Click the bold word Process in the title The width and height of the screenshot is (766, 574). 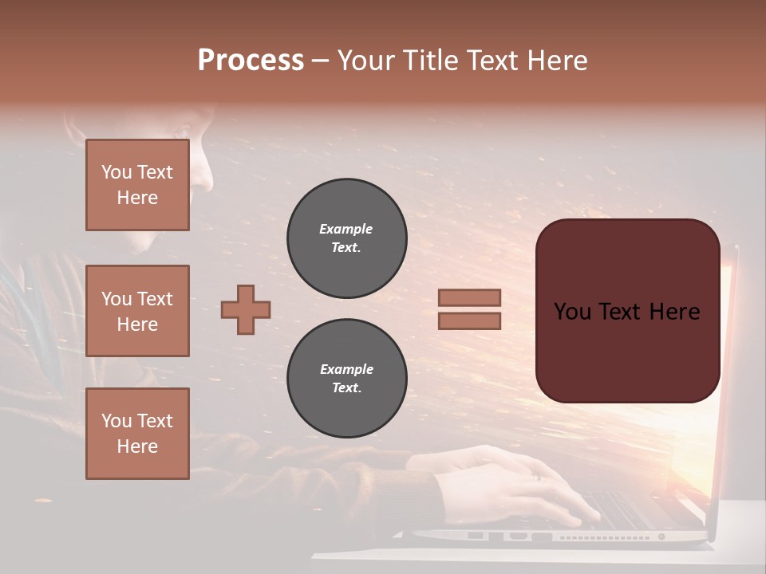pyautogui.click(x=251, y=61)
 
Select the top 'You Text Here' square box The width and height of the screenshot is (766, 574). pyautogui.click(x=137, y=185)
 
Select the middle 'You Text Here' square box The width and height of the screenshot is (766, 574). pyautogui.click(x=137, y=311)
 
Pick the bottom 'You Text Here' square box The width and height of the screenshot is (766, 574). pyautogui.click(x=137, y=434)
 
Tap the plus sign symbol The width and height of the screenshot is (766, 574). pyautogui.click(x=246, y=309)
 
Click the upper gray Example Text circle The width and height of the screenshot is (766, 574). pyautogui.click(x=346, y=238)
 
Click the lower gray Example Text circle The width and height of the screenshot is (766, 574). pyautogui.click(x=346, y=379)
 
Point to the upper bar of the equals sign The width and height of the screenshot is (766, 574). pyautogui.click(x=469, y=298)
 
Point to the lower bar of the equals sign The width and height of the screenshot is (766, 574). pyautogui.click(x=469, y=320)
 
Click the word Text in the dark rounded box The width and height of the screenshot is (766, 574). pyautogui.click(x=628, y=312)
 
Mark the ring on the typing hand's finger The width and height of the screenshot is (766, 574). pyautogui.click(x=537, y=477)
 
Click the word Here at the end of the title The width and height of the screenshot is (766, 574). pyautogui.click(x=556, y=61)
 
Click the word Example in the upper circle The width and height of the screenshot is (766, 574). pyautogui.click(x=346, y=229)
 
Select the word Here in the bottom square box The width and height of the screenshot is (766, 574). pyautogui.click(x=137, y=446)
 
